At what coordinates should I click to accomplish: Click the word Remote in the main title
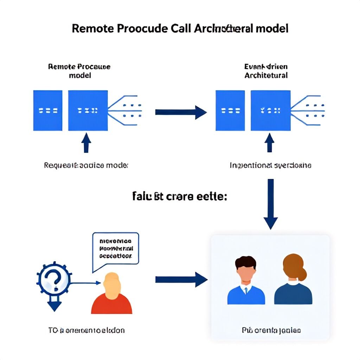[90, 28]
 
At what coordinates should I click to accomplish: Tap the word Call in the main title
[180, 28]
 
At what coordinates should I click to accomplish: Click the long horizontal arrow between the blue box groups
[181, 112]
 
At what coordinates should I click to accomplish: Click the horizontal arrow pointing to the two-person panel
[181, 279]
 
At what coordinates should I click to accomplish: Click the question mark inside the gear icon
[54, 279]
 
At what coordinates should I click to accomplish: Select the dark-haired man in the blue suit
[246, 281]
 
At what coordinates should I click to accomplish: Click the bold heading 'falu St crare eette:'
[179, 197]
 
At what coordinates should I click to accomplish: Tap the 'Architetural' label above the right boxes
[266, 75]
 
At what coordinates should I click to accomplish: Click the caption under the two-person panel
[271, 330]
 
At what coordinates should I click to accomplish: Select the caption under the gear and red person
[86, 330]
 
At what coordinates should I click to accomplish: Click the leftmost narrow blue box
[48, 110]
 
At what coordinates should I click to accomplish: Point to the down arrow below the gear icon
[54, 304]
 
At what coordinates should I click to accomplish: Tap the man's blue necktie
[246, 290]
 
